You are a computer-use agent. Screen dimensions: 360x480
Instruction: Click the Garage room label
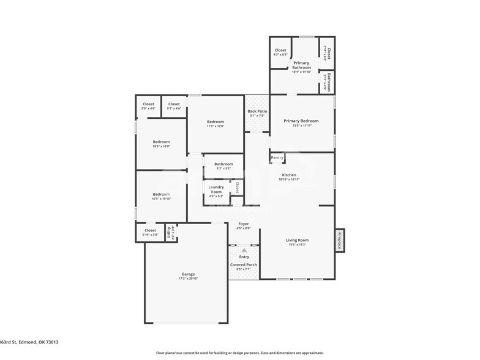[x=188, y=275]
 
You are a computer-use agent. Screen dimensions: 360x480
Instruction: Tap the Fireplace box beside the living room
[x=339, y=240]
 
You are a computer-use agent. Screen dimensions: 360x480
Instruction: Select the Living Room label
[x=297, y=240]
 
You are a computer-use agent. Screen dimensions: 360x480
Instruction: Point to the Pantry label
[x=277, y=157]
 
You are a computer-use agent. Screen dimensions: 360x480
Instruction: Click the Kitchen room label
[x=289, y=175]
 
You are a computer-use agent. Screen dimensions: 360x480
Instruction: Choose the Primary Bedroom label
[x=301, y=121]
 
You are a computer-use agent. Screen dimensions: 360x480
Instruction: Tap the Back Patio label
[x=257, y=111]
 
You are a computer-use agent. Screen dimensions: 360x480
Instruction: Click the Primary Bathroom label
[x=301, y=65]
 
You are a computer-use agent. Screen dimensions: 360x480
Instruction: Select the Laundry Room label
[x=216, y=189]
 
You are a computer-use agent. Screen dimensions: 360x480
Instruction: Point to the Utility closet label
[x=169, y=233]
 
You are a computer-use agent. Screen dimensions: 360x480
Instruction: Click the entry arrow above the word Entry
[x=244, y=250]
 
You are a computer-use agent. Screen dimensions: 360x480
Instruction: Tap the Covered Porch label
[x=244, y=264]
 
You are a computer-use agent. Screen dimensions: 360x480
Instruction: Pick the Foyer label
[x=244, y=225]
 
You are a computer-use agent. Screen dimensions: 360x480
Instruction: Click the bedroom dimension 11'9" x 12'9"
[x=215, y=126]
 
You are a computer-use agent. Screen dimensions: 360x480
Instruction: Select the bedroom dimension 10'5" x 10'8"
[x=161, y=146]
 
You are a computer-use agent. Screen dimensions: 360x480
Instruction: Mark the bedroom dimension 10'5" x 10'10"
[x=161, y=198]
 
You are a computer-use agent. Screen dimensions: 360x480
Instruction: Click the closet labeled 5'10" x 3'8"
[x=150, y=234]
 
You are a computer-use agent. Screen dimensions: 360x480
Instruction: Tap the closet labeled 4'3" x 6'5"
[x=280, y=55]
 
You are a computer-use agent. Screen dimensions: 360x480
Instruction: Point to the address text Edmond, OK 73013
[x=36, y=343]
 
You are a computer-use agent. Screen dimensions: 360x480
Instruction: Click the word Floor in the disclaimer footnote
[x=162, y=353]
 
